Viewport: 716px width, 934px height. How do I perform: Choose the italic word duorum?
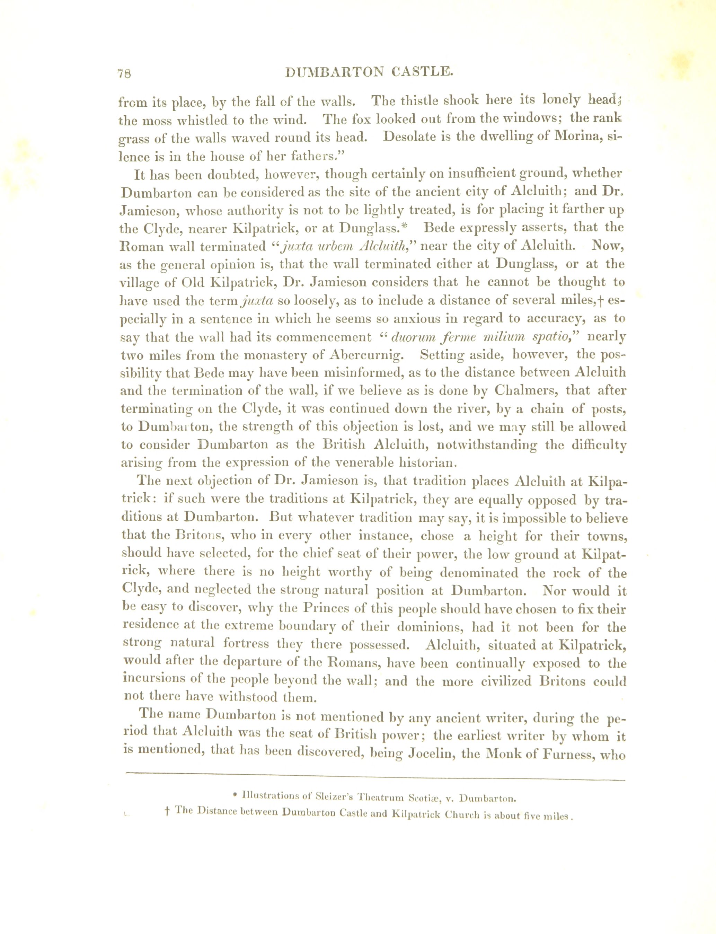point(409,337)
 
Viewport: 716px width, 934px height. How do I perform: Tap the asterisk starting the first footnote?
point(235,795)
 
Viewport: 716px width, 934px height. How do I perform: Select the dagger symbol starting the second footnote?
point(167,813)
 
